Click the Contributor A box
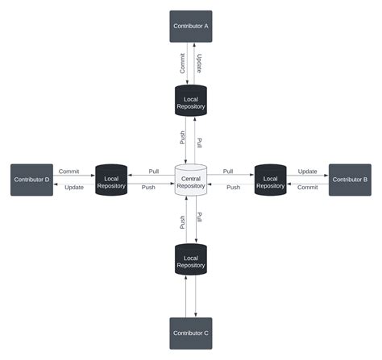(x=191, y=26)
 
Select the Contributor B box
(x=350, y=180)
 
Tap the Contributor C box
(x=191, y=333)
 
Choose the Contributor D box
(x=31, y=180)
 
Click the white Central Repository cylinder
(x=191, y=180)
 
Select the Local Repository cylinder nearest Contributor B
(x=271, y=180)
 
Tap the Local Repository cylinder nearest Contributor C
(x=191, y=260)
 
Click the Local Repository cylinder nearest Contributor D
(x=111, y=180)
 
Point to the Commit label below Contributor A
(x=183, y=64)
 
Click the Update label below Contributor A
(x=199, y=64)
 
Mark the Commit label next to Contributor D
(x=69, y=172)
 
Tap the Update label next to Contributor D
(x=74, y=188)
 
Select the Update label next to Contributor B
(x=307, y=172)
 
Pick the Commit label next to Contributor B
(x=307, y=188)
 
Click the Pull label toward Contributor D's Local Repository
(x=153, y=172)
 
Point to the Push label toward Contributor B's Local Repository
(x=233, y=188)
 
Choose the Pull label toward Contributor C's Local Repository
(x=199, y=217)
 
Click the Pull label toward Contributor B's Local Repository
(x=228, y=172)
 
